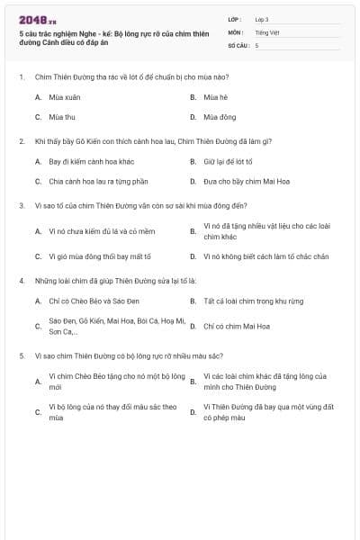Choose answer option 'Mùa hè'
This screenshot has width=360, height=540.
tap(215, 96)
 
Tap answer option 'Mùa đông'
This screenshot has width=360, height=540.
tap(217, 117)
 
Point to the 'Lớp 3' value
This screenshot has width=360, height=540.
tap(262, 19)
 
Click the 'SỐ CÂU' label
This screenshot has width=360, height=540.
tap(238, 44)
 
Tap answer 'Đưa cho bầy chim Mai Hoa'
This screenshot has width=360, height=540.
tap(240, 181)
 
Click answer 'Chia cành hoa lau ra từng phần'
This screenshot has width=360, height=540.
tap(91, 181)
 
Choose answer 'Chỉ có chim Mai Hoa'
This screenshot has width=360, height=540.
tap(236, 326)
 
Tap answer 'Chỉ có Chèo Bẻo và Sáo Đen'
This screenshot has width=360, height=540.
tap(89, 301)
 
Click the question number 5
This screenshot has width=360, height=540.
tap(22, 355)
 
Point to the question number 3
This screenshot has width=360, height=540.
tap(22, 205)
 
